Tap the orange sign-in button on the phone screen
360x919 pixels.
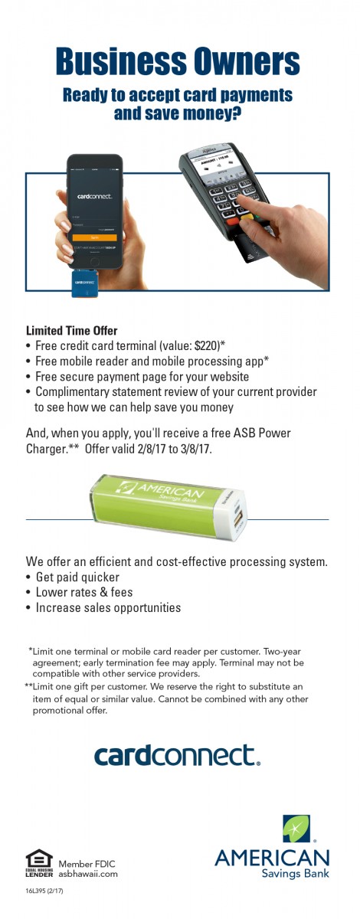tap(94, 237)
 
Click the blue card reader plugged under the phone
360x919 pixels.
tap(85, 283)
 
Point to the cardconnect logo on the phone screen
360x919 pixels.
tap(95, 196)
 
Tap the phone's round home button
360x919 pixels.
tap(95, 262)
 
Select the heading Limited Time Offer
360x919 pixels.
tap(72, 331)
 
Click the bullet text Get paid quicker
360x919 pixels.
tap(77, 577)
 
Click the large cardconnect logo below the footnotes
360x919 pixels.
tap(177, 755)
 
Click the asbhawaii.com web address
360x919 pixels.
tap(88, 874)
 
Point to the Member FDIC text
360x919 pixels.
tap(87, 864)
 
